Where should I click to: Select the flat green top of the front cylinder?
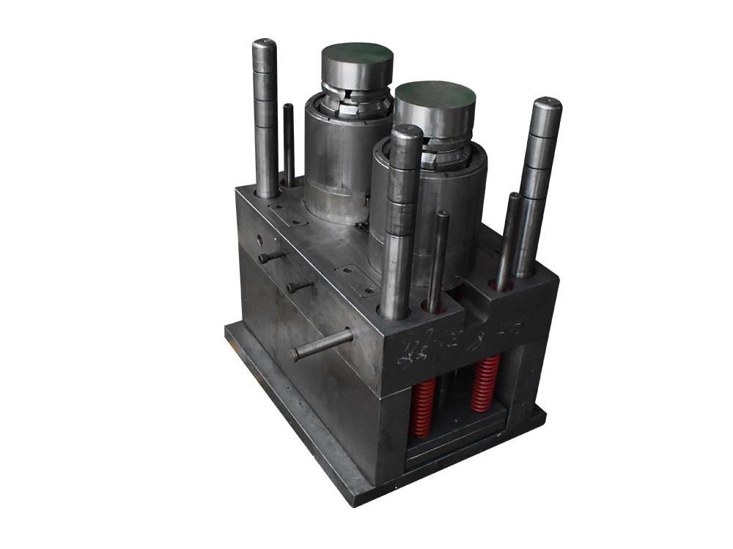433,94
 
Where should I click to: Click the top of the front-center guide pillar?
406,133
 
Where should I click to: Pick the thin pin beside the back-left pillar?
289,143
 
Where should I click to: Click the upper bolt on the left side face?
271,258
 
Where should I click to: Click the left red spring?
422,407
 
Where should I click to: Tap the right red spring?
485,384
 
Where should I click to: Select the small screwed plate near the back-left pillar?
287,214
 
